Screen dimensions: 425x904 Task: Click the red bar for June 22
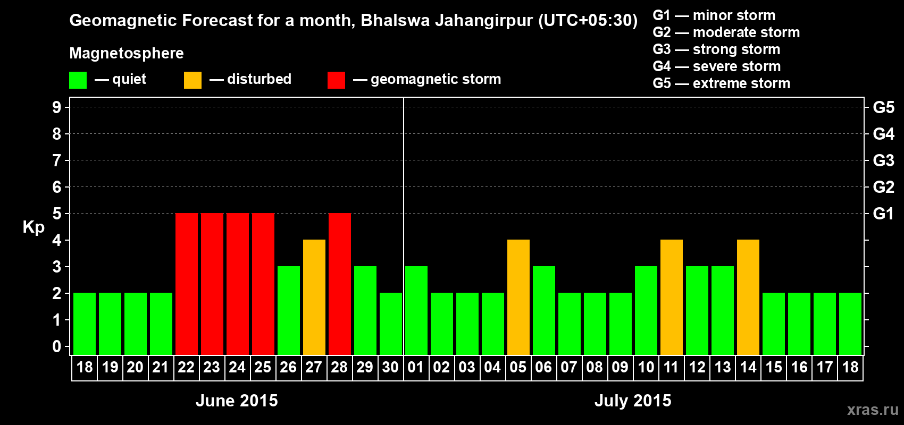point(187,284)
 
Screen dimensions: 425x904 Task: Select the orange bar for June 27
point(314,297)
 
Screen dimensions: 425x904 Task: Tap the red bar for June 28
point(340,284)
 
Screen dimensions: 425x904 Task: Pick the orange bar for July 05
point(518,297)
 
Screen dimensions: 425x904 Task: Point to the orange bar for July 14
point(748,297)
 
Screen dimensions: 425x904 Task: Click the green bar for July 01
point(416,310)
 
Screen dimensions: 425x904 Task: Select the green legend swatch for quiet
point(78,80)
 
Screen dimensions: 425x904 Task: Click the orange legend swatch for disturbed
point(193,80)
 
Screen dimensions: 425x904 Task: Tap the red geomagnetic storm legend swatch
point(336,80)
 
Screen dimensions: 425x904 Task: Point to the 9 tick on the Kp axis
point(57,107)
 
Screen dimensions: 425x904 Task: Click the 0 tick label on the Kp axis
point(57,347)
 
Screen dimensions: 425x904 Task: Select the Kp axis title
point(34,227)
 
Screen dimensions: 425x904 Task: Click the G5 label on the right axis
point(883,107)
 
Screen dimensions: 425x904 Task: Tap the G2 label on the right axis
point(883,187)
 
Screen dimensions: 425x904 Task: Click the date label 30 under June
point(390,368)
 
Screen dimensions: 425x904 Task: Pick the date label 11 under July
point(671,368)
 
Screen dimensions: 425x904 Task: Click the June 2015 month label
point(237,401)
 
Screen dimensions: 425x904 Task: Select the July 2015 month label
point(633,401)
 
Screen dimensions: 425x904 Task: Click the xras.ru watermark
point(873,410)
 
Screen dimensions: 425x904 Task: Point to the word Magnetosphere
point(127,53)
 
